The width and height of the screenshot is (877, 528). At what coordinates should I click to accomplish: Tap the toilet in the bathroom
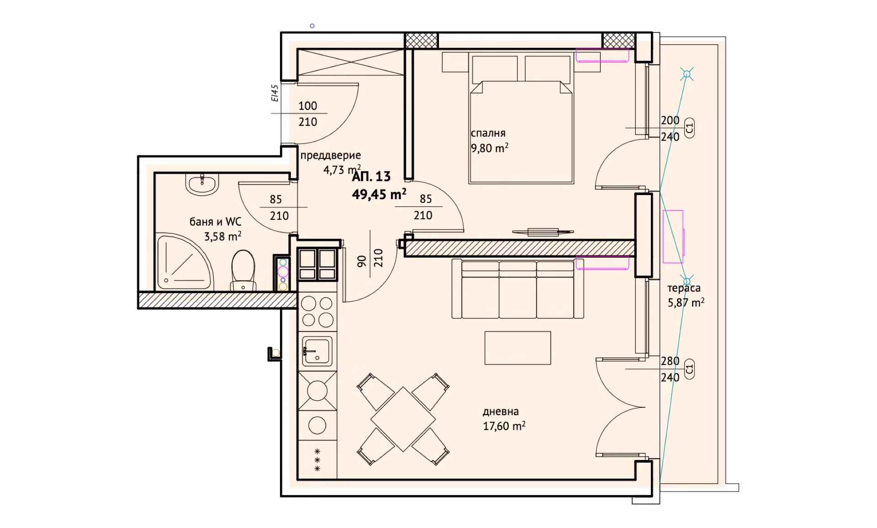[x=243, y=270]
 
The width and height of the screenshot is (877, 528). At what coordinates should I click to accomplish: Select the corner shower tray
[x=185, y=262]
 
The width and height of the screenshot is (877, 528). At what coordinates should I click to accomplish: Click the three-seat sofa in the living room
[x=518, y=289]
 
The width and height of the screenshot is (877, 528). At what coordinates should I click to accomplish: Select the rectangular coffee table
[x=518, y=348]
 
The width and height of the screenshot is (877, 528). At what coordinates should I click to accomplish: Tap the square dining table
[x=403, y=419]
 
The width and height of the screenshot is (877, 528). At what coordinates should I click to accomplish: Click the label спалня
[x=488, y=133]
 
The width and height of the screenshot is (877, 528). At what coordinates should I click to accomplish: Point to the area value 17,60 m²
[x=504, y=426]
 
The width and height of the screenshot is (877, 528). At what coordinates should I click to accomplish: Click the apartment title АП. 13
[x=371, y=176]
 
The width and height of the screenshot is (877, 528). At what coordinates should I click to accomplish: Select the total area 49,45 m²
[x=379, y=195]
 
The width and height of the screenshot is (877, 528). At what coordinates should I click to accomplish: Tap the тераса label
[x=684, y=288]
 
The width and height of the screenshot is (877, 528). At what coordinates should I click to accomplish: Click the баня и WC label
[x=216, y=222]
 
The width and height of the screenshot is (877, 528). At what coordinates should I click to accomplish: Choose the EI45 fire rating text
[x=275, y=93]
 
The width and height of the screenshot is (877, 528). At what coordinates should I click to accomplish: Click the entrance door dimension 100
[x=308, y=106]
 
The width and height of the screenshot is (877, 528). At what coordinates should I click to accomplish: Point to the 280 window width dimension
[x=670, y=361]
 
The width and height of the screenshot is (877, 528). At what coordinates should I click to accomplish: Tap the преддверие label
[x=330, y=156]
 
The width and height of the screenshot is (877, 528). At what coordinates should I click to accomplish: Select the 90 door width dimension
[x=362, y=261]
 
